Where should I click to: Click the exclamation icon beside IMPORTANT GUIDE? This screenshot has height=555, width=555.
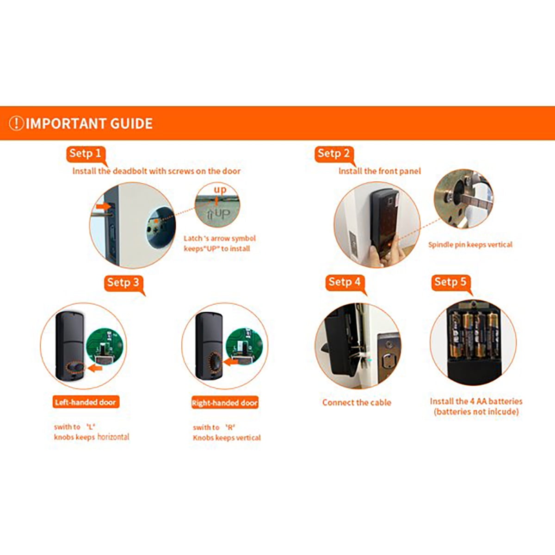(x=16, y=123)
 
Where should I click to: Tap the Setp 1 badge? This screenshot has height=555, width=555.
(x=86, y=154)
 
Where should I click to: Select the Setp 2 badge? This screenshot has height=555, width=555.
(x=334, y=154)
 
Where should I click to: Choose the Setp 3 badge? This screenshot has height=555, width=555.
(x=123, y=283)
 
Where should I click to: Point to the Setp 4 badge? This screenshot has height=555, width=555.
(x=345, y=283)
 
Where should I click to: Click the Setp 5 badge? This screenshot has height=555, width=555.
(x=451, y=283)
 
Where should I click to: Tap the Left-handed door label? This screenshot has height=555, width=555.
(x=86, y=402)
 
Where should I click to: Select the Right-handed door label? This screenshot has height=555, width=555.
(x=225, y=402)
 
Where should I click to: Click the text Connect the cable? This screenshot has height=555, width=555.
(x=357, y=402)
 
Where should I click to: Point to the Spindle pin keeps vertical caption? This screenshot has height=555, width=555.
(x=470, y=245)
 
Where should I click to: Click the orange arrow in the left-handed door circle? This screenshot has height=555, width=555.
(x=95, y=368)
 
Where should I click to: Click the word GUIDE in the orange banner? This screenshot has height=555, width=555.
(x=131, y=123)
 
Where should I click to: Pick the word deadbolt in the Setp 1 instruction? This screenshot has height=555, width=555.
(x=130, y=171)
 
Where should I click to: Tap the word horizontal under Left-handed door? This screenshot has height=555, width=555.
(x=113, y=437)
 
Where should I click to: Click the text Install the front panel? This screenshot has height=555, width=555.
(x=380, y=171)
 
